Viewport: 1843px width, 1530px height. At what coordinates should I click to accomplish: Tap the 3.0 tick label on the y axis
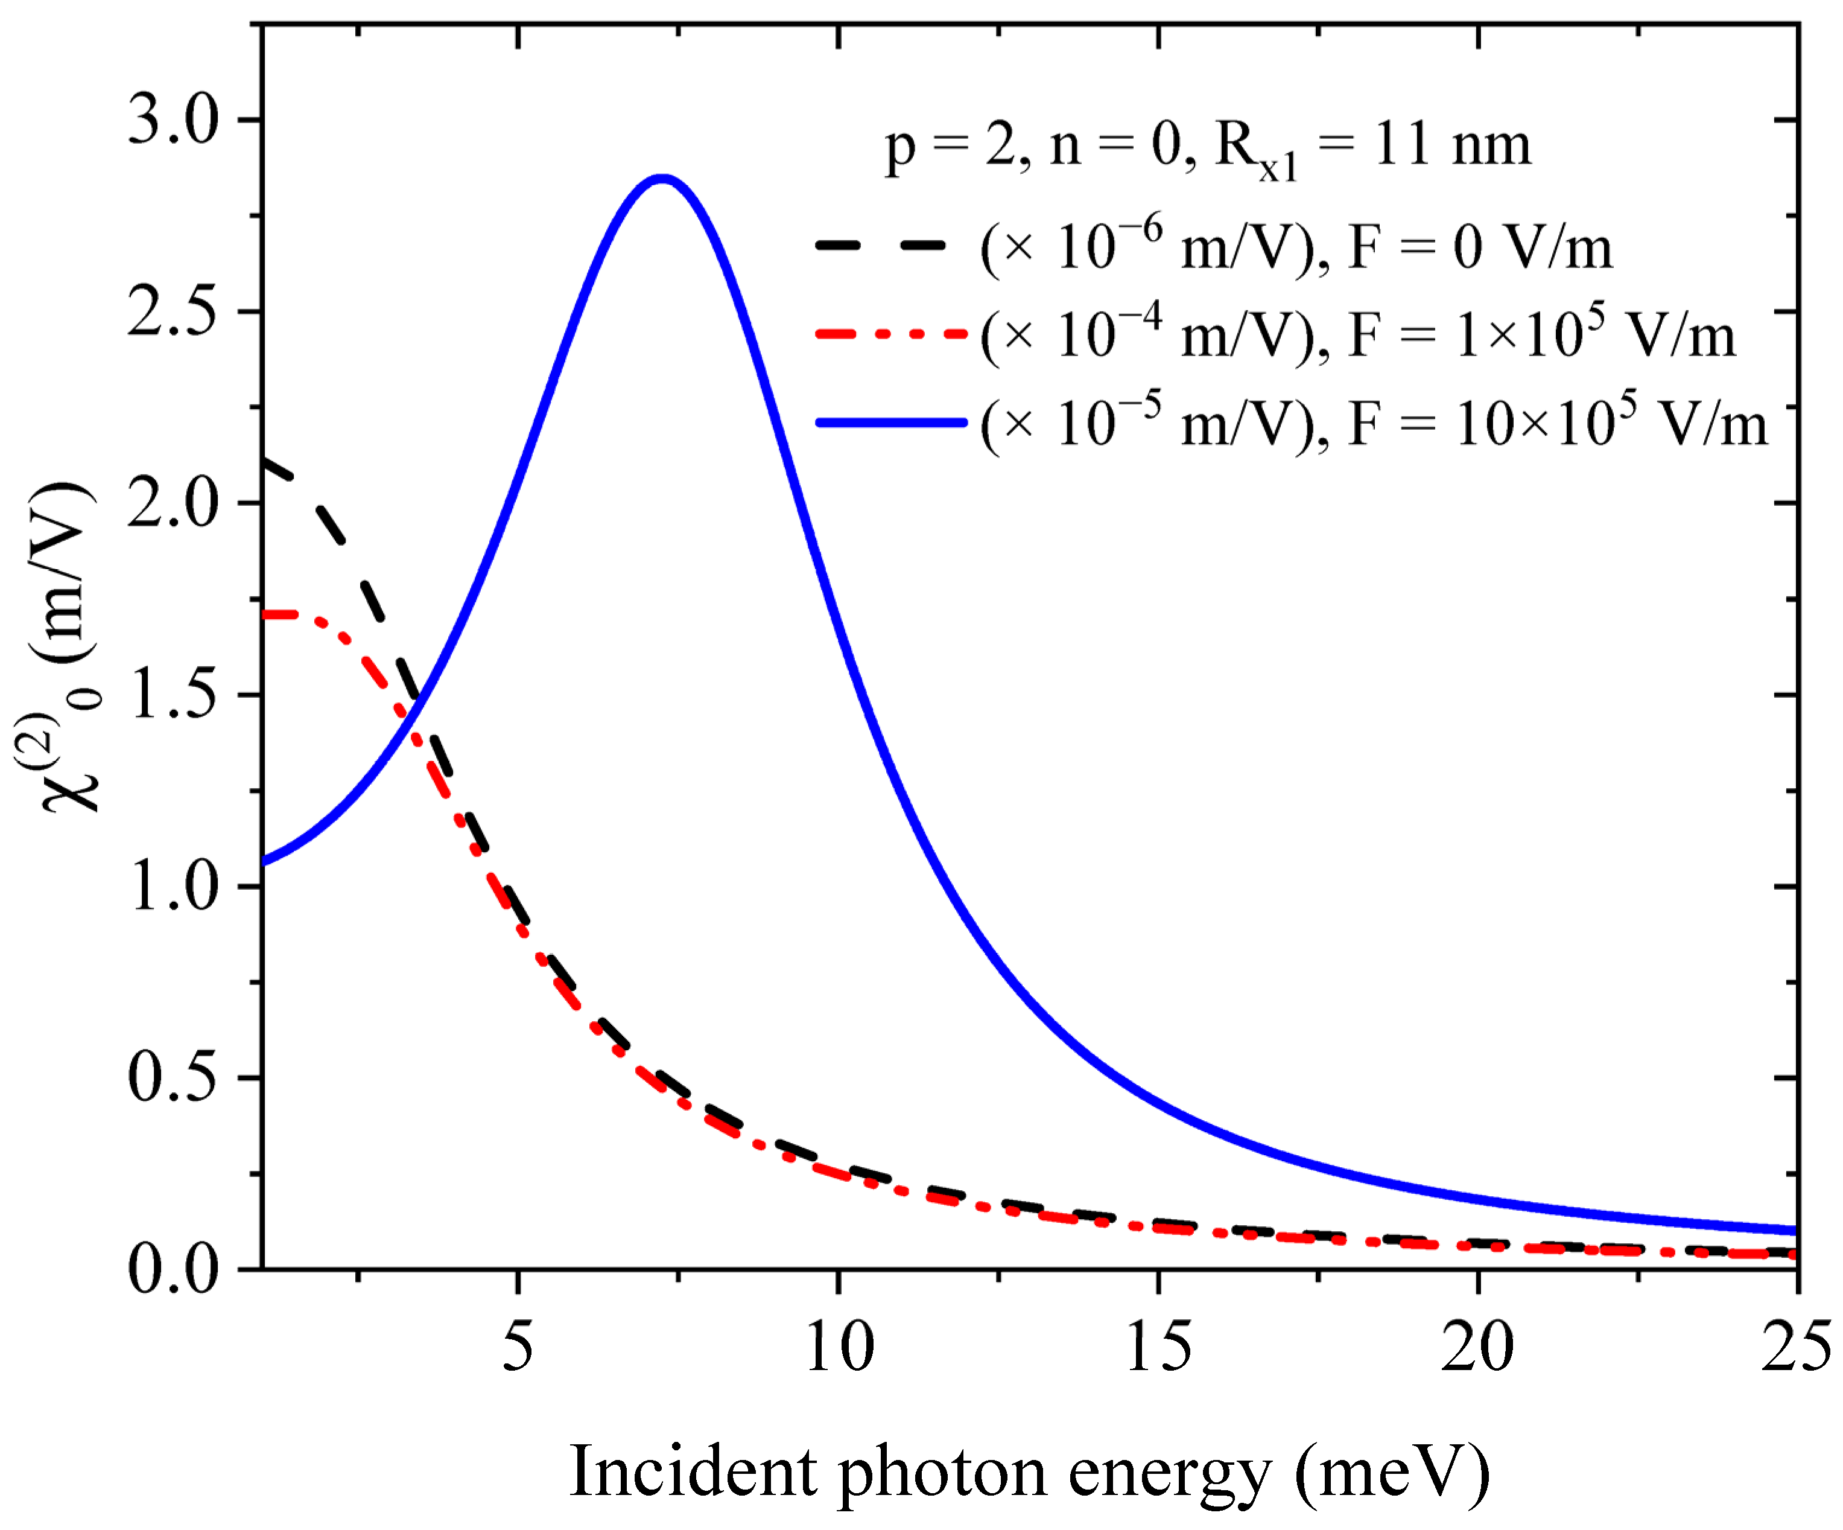pyautogui.click(x=172, y=120)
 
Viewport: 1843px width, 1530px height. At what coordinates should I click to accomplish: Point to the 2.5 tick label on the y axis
pyautogui.click(x=172, y=311)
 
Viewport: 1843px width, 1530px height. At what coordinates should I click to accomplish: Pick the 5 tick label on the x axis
pyautogui.click(x=518, y=1347)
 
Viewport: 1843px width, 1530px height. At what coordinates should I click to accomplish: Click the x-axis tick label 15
pyautogui.click(x=1158, y=1347)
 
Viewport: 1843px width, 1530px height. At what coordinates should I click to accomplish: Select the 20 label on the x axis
pyautogui.click(x=1478, y=1347)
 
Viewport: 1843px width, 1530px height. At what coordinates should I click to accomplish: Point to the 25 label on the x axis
pyautogui.click(x=1795, y=1347)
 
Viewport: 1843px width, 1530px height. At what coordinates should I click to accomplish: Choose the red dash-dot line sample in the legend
pyautogui.click(x=891, y=334)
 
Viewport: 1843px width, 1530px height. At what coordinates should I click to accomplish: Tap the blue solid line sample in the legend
pyautogui.click(x=891, y=423)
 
